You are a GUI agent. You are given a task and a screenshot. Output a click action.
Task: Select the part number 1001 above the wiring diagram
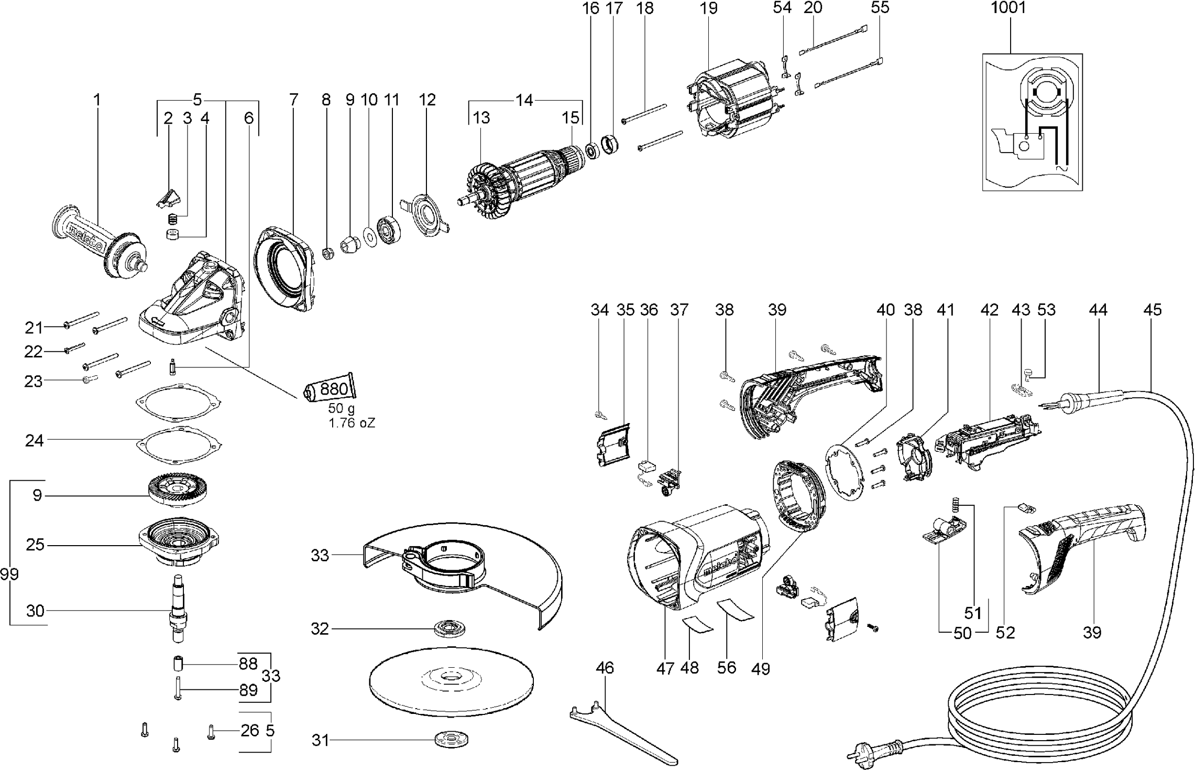pyautogui.click(x=1008, y=8)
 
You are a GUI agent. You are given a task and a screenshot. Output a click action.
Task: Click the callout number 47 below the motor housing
pyautogui.click(x=665, y=668)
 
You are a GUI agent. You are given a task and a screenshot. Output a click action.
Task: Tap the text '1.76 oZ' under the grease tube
pyautogui.click(x=352, y=422)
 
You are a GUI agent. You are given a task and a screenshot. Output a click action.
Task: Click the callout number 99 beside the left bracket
pyautogui.click(x=9, y=574)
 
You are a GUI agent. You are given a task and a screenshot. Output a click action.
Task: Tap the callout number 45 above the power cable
pyautogui.click(x=1153, y=310)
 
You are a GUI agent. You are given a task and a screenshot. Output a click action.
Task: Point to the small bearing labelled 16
pyautogui.click(x=593, y=151)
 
